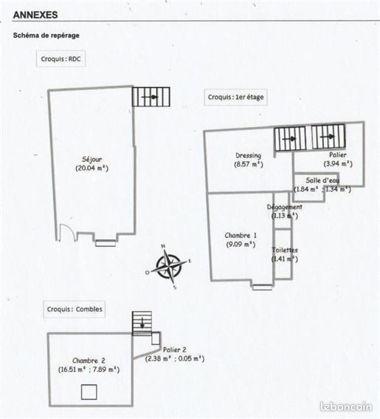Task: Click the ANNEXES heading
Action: click(x=35, y=15)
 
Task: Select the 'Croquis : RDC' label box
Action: click(x=61, y=59)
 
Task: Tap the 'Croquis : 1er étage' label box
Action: click(x=235, y=97)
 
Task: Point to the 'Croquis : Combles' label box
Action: click(x=75, y=309)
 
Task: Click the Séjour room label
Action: click(x=91, y=160)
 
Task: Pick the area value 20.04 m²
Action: click(x=91, y=168)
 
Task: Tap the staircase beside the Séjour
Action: click(x=151, y=97)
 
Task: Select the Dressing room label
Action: click(x=248, y=155)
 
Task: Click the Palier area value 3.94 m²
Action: click(x=338, y=163)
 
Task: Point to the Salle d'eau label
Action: click(x=322, y=180)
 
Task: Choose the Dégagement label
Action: click(x=285, y=207)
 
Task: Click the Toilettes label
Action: click(x=285, y=250)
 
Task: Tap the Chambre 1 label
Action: click(x=241, y=236)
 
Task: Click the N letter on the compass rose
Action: click(x=163, y=246)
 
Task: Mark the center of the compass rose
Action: click(x=169, y=267)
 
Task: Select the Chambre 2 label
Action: click(x=89, y=361)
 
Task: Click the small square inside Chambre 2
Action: click(x=89, y=392)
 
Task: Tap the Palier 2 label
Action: click(x=175, y=350)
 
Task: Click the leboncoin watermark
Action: click(x=346, y=406)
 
